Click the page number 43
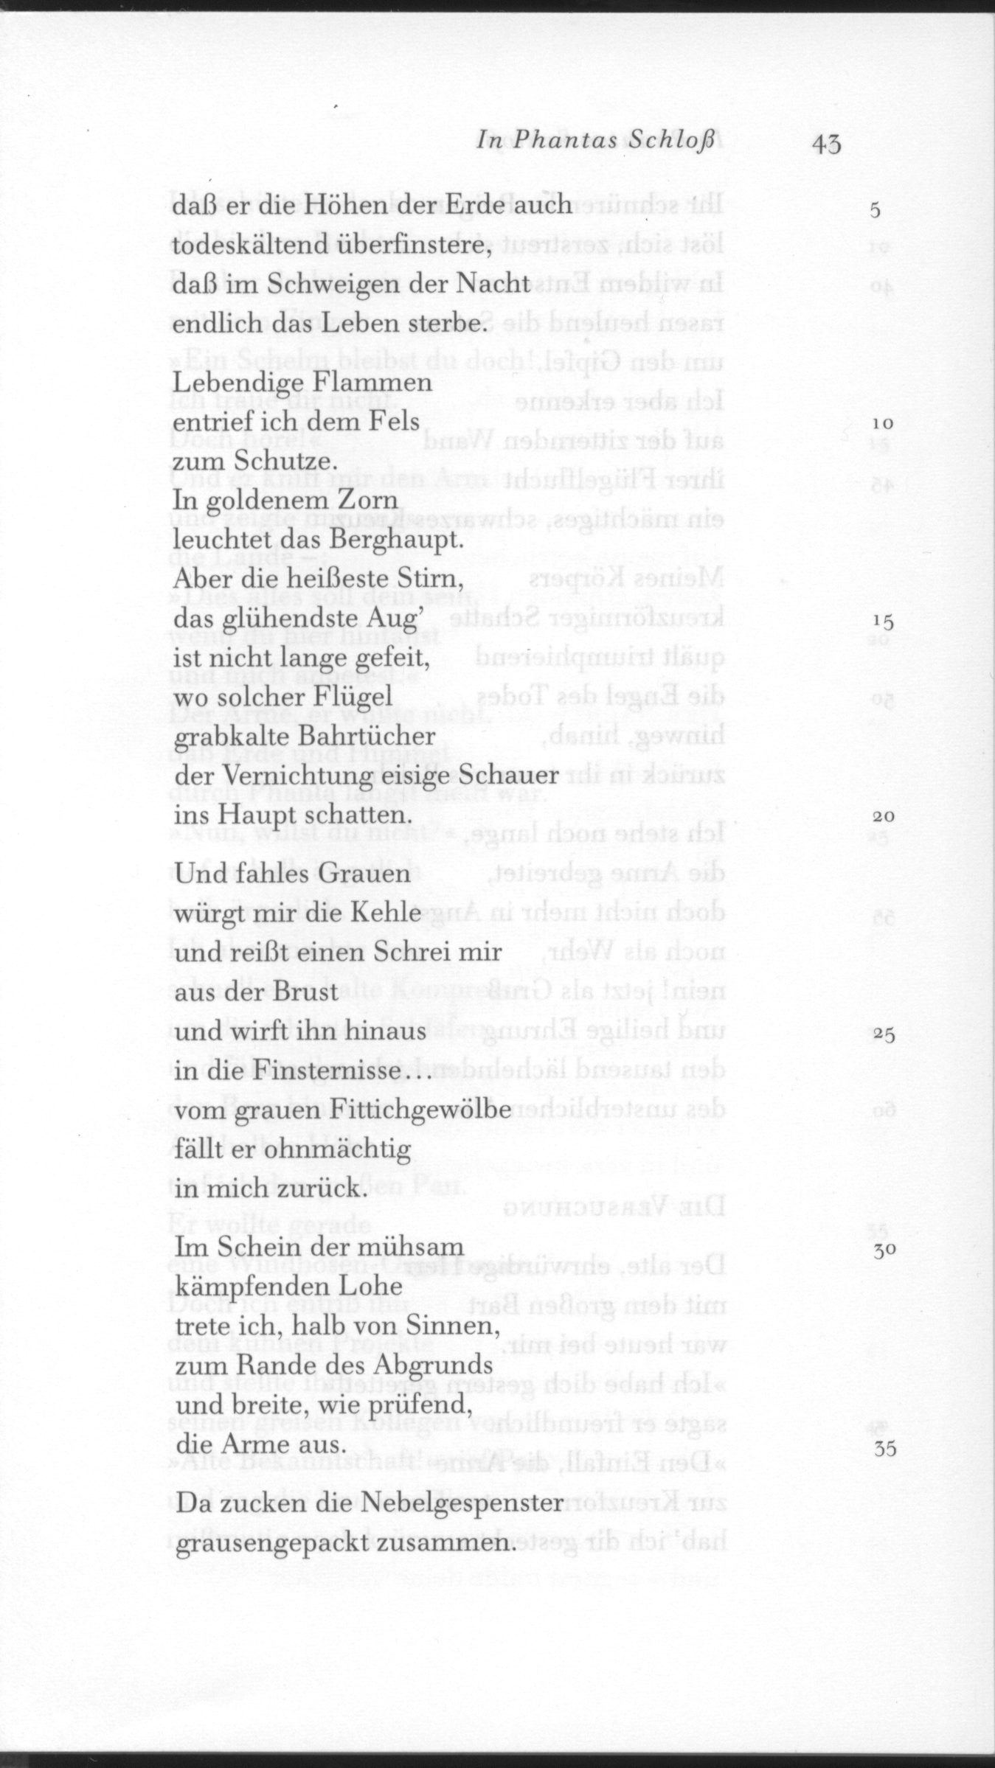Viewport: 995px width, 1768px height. pyautogui.click(x=826, y=143)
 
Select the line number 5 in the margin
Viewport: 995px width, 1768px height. pyautogui.click(x=875, y=210)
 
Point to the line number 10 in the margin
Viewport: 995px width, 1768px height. pyautogui.click(x=882, y=424)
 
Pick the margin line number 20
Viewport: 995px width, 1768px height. pyautogui.click(x=883, y=817)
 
